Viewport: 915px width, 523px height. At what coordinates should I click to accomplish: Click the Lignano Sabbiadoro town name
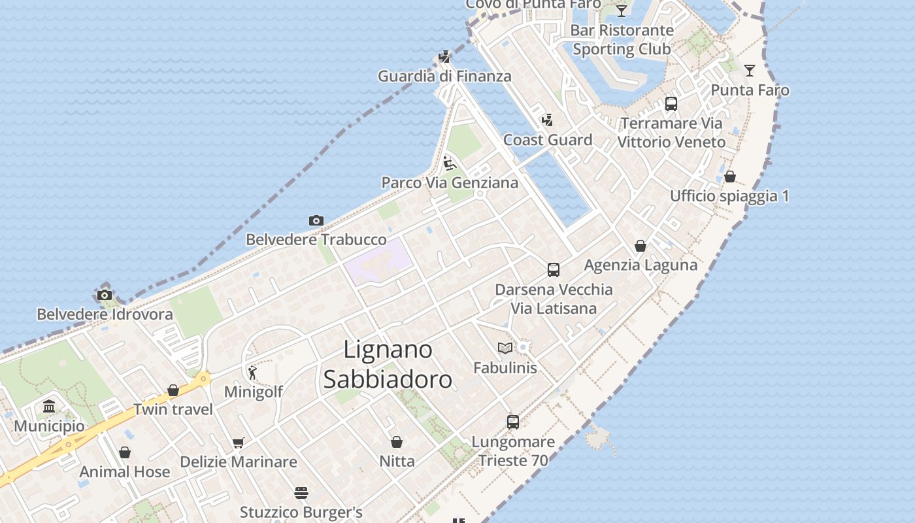(388, 365)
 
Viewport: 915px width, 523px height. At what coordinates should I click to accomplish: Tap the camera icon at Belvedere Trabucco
(316, 221)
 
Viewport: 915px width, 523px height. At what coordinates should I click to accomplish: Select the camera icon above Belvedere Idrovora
(105, 295)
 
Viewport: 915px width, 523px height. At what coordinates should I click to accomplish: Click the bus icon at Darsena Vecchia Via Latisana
(554, 269)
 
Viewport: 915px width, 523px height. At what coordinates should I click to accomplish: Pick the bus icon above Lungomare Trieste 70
(513, 422)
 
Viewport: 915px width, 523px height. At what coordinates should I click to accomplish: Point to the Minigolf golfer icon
(253, 373)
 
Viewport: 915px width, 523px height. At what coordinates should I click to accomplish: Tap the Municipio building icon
(49, 407)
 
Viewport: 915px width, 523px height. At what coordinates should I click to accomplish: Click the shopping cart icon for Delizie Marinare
(239, 443)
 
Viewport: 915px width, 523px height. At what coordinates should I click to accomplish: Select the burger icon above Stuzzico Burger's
(301, 493)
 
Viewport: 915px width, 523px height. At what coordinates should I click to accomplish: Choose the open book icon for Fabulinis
(505, 348)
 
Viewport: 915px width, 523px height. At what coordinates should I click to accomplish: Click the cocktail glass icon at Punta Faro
(750, 71)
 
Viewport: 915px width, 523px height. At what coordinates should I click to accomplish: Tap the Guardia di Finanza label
(444, 76)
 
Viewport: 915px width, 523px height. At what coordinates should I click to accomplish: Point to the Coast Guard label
(548, 140)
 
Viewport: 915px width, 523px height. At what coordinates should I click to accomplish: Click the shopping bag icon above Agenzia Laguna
(640, 246)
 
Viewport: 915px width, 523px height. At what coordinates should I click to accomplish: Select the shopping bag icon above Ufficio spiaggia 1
(730, 177)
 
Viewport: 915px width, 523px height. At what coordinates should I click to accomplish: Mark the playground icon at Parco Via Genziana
(449, 163)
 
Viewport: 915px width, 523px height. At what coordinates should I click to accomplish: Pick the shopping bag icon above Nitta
(397, 443)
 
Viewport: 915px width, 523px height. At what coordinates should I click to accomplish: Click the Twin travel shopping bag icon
(173, 391)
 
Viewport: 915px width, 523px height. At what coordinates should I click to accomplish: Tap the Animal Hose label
(125, 471)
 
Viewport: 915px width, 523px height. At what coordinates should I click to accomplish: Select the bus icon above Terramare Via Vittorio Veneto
(671, 104)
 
